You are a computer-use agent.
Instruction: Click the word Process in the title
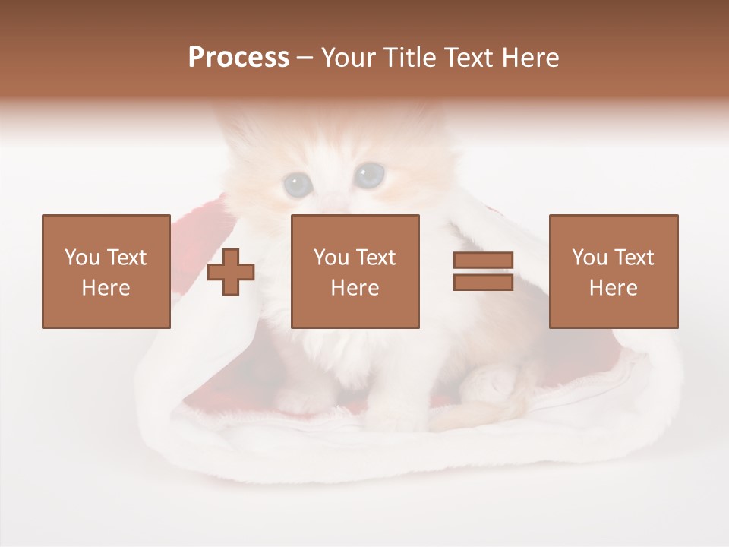tap(238, 58)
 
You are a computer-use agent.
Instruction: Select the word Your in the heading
tap(349, 58)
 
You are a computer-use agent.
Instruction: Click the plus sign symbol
tap(231, 271)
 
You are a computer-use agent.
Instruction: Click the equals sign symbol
tap(483, 271)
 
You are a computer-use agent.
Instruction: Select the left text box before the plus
tap(106, 271)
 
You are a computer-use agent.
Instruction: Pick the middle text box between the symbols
tap(355, 271)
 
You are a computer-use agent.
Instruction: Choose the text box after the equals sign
tap(613, 271)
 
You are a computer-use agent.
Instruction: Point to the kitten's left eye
tap(296, 182)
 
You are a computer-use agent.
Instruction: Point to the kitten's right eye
tap(370, 175)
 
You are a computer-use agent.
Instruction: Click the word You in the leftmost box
tap(81, 258)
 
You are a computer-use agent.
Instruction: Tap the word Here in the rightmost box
tap(613, 288)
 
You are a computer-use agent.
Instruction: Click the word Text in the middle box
tap(375, 258)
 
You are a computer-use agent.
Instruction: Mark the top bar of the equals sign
tap(483, 261)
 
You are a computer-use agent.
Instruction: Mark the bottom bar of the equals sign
tap(483, 282)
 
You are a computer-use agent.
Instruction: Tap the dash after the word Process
tap(305, 58)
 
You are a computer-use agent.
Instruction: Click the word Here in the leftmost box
tap(106, 288)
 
